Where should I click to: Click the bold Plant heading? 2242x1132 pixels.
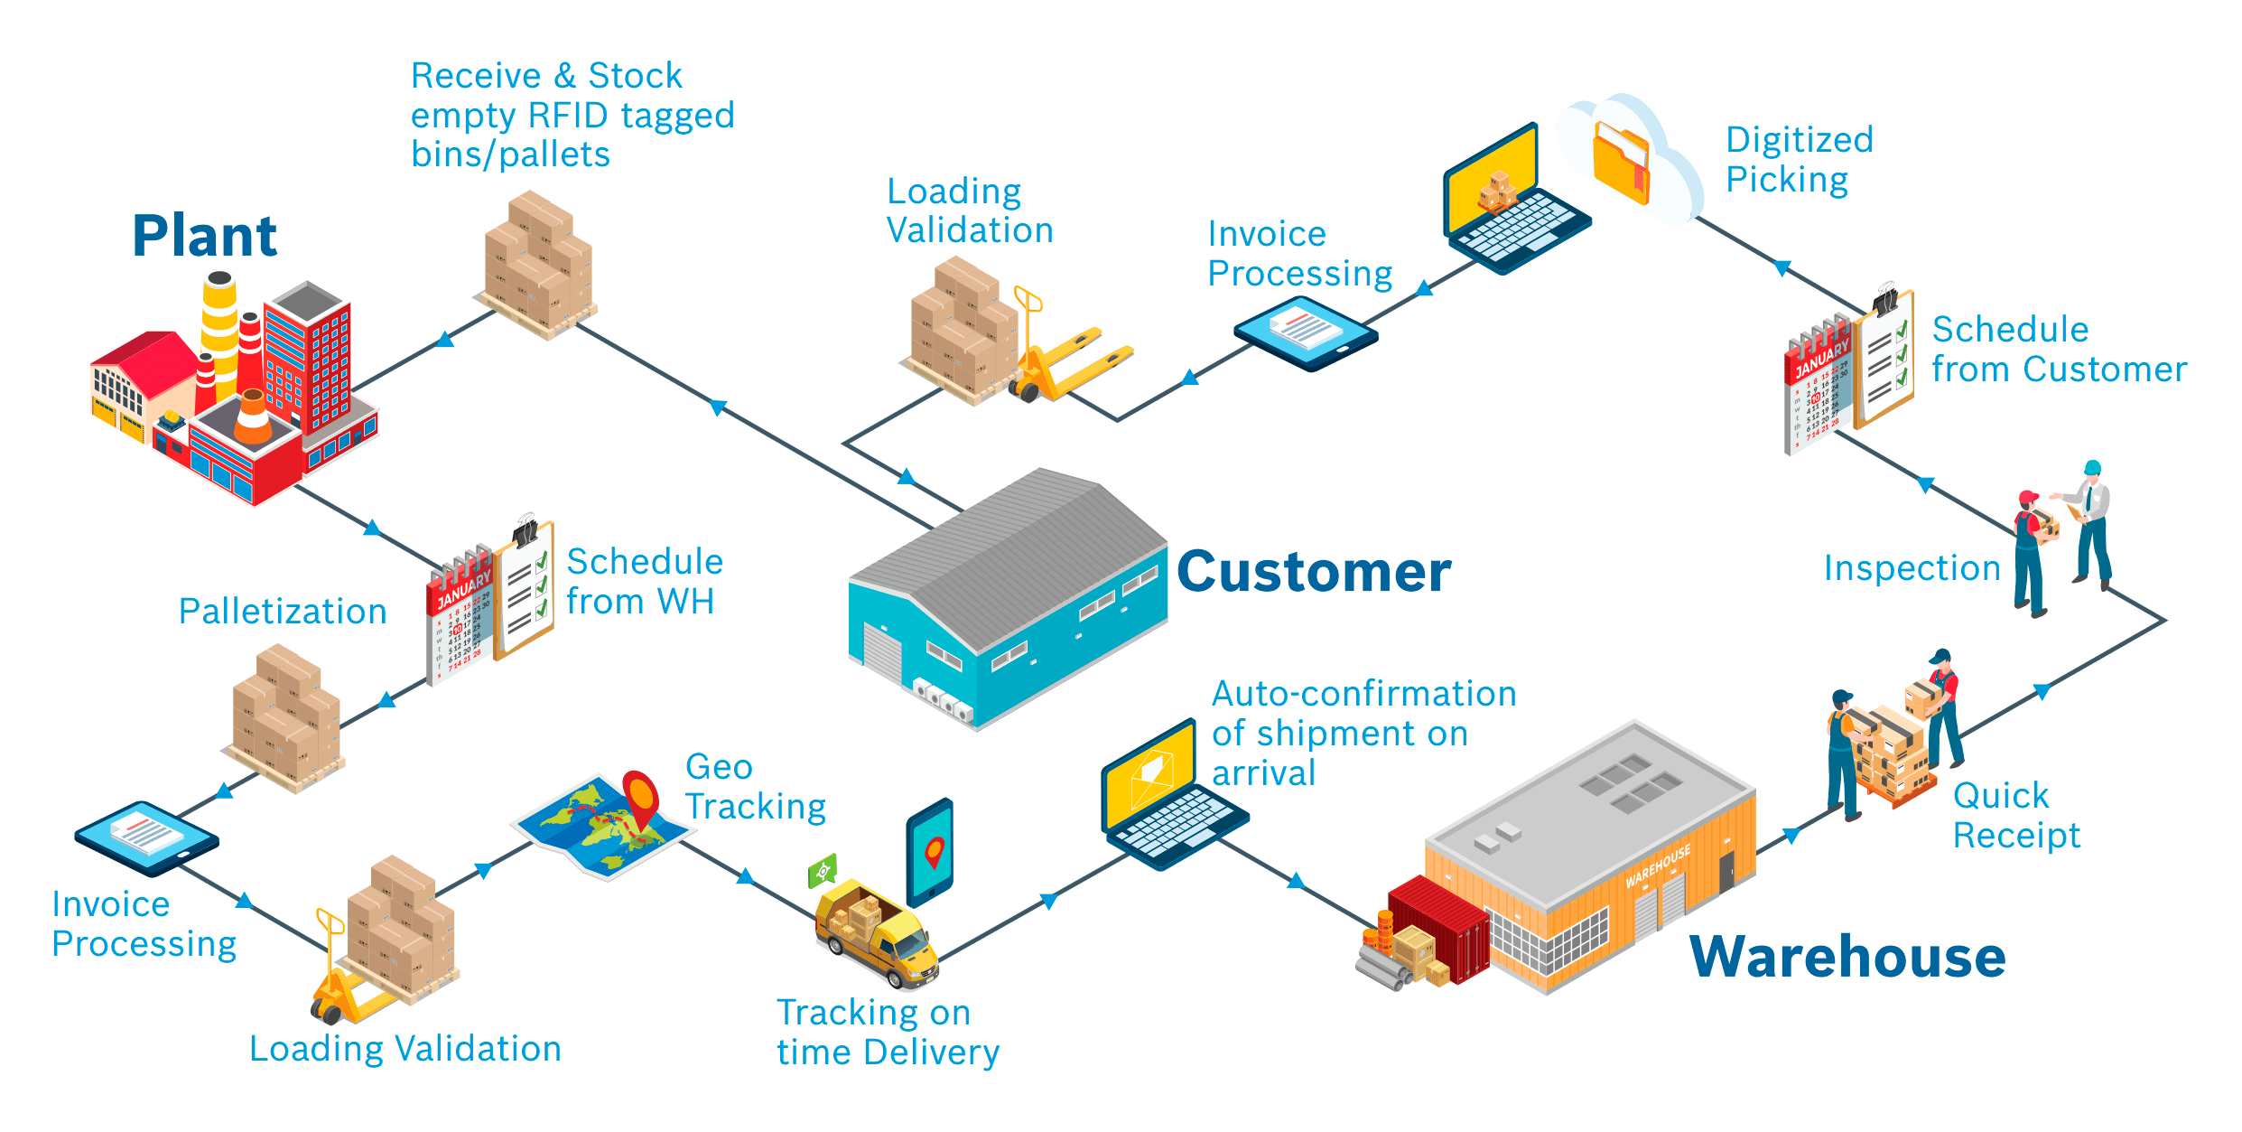click(x=204, y=237)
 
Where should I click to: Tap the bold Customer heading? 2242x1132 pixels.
click(x=1314, y=573)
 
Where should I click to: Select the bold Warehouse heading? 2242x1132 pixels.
click(x=1847, y=958)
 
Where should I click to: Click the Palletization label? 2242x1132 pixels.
click(x=283, y=612)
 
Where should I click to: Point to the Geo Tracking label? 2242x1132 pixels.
click(x=755, y=787)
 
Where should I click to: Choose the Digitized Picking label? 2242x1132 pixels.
click(x=1799, y=160)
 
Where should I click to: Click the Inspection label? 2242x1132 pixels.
click(x=1912, y=568)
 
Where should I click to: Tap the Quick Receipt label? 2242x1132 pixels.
click(x=2015, y=816)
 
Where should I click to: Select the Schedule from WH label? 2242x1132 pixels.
click(x=644, y=582)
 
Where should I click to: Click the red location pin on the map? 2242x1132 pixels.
click(x=640, y=794)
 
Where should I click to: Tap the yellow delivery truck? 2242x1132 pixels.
click(x=876, y=935)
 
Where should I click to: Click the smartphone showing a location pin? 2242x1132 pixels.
click(x=930, y=852)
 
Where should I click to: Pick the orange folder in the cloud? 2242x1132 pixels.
click(x=1621, y=163)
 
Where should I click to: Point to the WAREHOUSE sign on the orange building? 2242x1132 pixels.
click(x=1658, y=865)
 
